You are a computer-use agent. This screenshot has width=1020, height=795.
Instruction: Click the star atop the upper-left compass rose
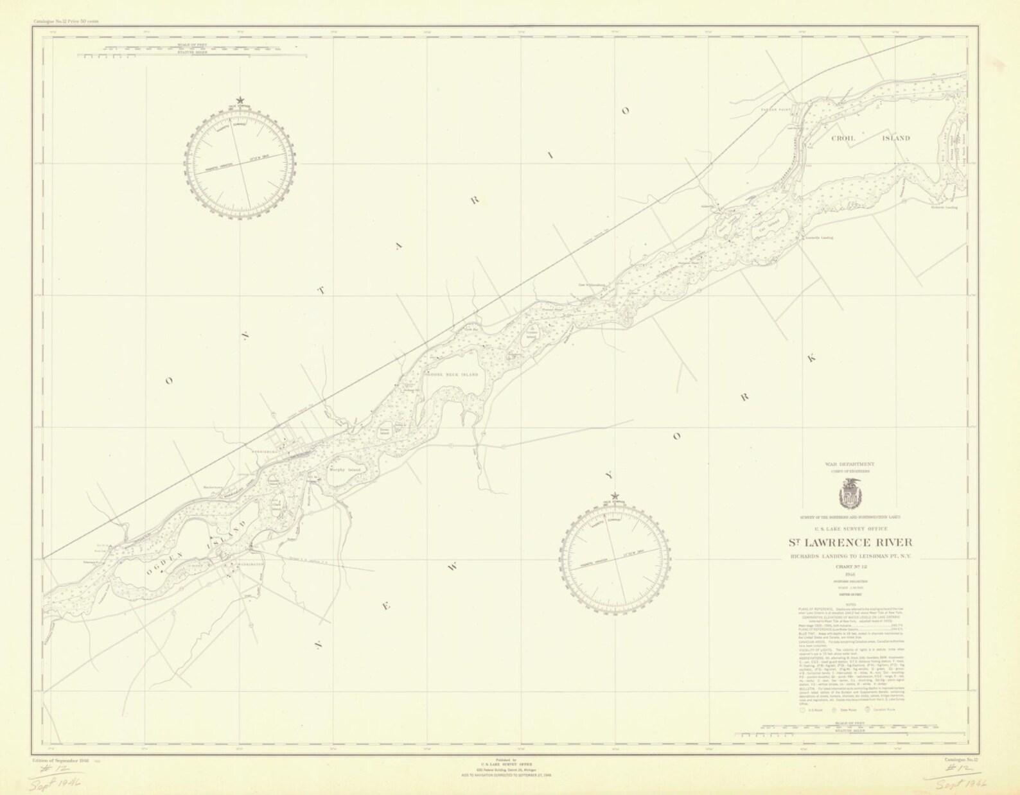[x=240, y=100]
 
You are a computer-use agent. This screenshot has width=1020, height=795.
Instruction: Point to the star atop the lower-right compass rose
[x=615, y=496]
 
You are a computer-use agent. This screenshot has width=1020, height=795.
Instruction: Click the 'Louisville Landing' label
[x=819, y=238]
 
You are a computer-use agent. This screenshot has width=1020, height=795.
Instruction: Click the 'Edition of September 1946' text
[x=63, y=760]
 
